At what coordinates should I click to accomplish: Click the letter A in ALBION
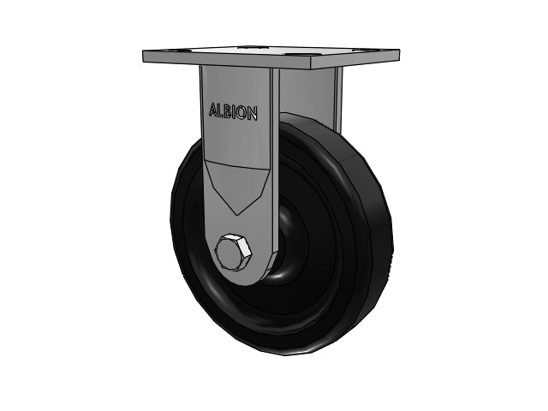pyautogui.click(x=213, y=110)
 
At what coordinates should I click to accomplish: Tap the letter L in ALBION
pyautogui.click(x=222, y=110)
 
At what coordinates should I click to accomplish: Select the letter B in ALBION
pyautogui.click(x=229, y=111)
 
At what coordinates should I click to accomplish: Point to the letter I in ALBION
pyautogui.click(x=235, y=112)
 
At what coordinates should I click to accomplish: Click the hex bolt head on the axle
pyautogui.click(x=233, y=251)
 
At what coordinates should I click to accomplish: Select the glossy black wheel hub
pyautogui.click(x=287, y=245)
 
